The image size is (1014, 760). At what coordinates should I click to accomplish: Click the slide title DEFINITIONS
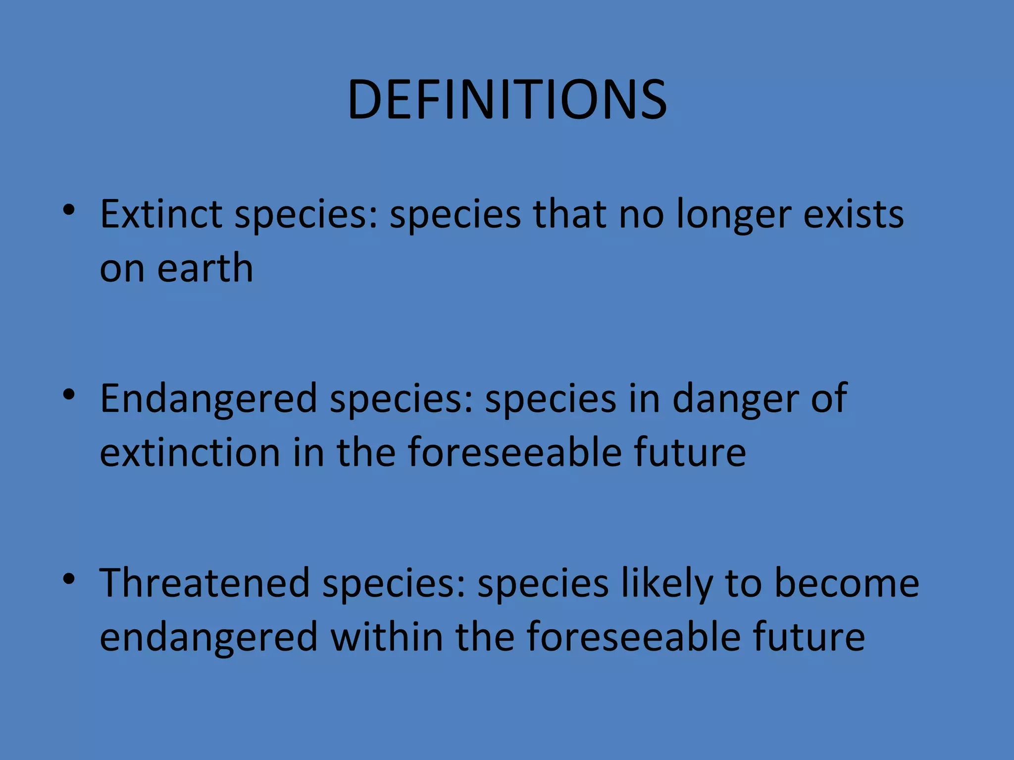[507, 100]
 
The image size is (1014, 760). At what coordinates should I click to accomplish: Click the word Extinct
[161, 214]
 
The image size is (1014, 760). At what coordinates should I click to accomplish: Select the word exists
[854, 214]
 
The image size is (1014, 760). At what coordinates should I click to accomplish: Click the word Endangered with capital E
[208, 399]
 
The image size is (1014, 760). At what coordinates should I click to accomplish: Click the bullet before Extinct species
[69, 210]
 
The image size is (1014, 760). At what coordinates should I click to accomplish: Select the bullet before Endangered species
[69, 394]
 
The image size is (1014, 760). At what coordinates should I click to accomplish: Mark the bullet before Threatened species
[69, 578]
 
